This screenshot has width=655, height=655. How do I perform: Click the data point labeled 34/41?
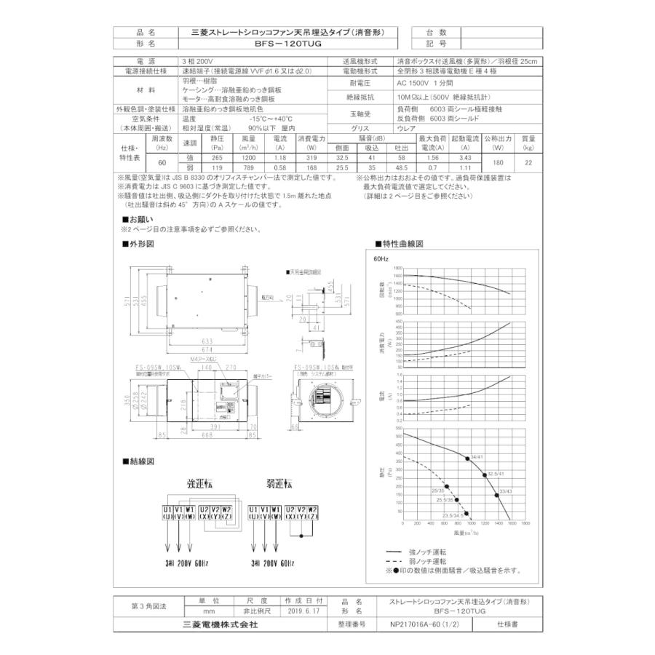[x=467, y=458]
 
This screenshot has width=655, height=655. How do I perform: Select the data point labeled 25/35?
[x=446, y=487]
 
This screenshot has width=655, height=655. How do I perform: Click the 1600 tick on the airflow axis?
[x=512, y=523]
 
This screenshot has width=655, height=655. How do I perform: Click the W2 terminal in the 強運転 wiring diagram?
[x=226, y=509]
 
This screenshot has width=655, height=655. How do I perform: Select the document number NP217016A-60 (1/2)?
[x=429, y=624]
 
